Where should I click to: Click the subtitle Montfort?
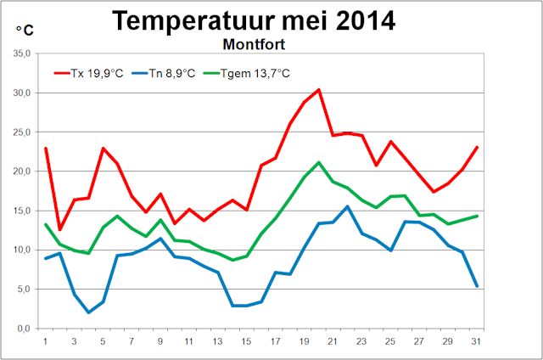(x=254, y=42)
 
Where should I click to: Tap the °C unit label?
(x=25, y=31)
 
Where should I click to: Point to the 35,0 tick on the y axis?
(x=22, y=53)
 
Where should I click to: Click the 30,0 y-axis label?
(x=22, y=93)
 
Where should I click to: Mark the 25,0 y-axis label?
(x=22, y=132)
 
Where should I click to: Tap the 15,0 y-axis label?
(x=22, y=211)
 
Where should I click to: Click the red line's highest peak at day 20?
(x=318, y=89)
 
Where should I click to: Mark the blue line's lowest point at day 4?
(x=88, y=312)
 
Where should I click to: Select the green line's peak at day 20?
(x=318, y=162)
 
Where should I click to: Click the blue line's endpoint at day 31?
(x=477, y=286)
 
